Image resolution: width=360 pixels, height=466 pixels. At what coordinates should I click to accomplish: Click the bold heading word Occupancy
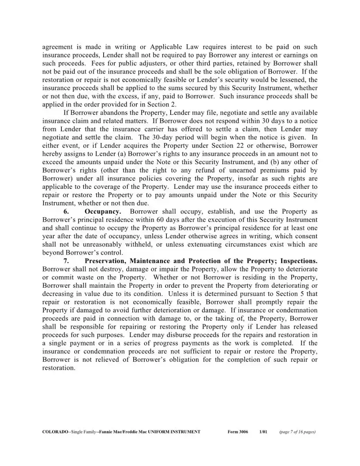point(103,212)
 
